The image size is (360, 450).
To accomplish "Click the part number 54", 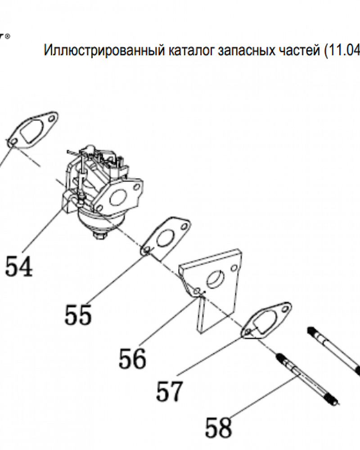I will (x=19, y=266).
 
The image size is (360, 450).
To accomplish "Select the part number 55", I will (x=78, y=315).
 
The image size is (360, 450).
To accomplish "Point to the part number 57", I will (x=170, y=391).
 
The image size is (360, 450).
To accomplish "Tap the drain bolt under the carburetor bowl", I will (x=100, y=234).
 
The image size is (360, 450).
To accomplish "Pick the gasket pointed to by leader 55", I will (x=166, y=238).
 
